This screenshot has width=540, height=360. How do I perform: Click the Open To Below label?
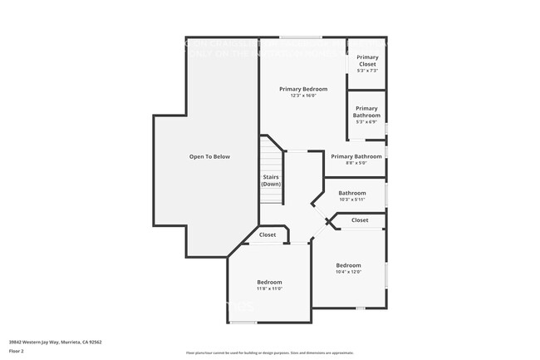coord(209,156)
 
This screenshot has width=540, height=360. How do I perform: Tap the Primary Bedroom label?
coord(303,89)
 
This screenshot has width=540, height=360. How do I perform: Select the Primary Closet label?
coord(366,62)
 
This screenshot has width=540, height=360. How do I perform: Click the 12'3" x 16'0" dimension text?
coord(303,96)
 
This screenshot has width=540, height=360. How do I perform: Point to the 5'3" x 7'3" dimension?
coord(366,71)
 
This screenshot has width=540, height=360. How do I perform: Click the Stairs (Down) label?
coord(271,180)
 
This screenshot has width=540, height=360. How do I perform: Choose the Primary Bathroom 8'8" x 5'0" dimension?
coord(356,163)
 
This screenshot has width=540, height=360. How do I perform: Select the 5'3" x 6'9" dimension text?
coord(366,122)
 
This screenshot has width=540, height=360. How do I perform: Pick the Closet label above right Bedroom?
coord(360,220)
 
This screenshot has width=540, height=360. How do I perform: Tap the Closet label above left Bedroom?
coord(268,235)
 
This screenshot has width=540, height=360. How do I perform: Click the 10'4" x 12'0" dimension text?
coord(348,272)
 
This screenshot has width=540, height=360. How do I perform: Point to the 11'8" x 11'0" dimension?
coord(269,288)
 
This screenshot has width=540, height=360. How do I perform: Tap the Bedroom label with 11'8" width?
coord(269,282)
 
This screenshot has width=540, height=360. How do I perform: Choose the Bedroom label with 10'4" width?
coord(348,265)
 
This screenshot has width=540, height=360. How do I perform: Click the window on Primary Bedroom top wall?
coord(301,37)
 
